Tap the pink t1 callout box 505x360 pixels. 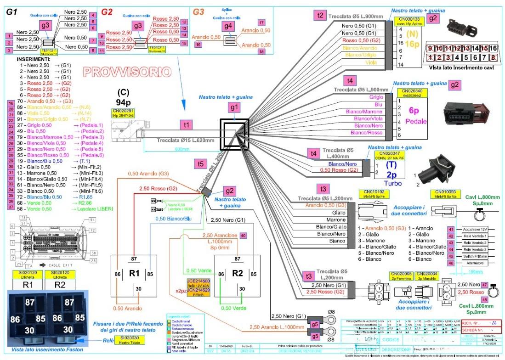(186, 124)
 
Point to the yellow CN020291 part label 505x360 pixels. (123, 112)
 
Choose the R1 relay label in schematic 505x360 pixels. (134, 273)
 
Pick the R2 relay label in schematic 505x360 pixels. (238, 273)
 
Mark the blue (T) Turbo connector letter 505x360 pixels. (391, 165)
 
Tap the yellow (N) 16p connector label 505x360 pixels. (412, 39)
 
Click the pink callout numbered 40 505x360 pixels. (243, 235)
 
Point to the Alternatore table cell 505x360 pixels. (465, 263)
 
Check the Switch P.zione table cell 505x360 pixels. (465, 256)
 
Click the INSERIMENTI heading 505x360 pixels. (34, 59)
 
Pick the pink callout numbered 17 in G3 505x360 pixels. (261, 22)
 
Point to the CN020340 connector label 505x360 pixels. (412, 92)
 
